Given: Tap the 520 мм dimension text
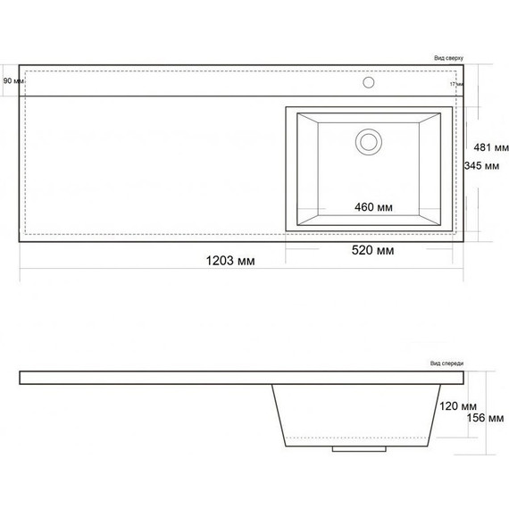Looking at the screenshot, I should coord(373,251).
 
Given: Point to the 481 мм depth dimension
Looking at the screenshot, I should coord(490,147).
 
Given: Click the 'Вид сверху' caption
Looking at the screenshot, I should coord(447,57).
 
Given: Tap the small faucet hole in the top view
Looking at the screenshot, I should coord(368,83).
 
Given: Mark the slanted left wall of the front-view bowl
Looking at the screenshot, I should coord(280,416).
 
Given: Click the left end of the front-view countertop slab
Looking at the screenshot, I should coord(21,378).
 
